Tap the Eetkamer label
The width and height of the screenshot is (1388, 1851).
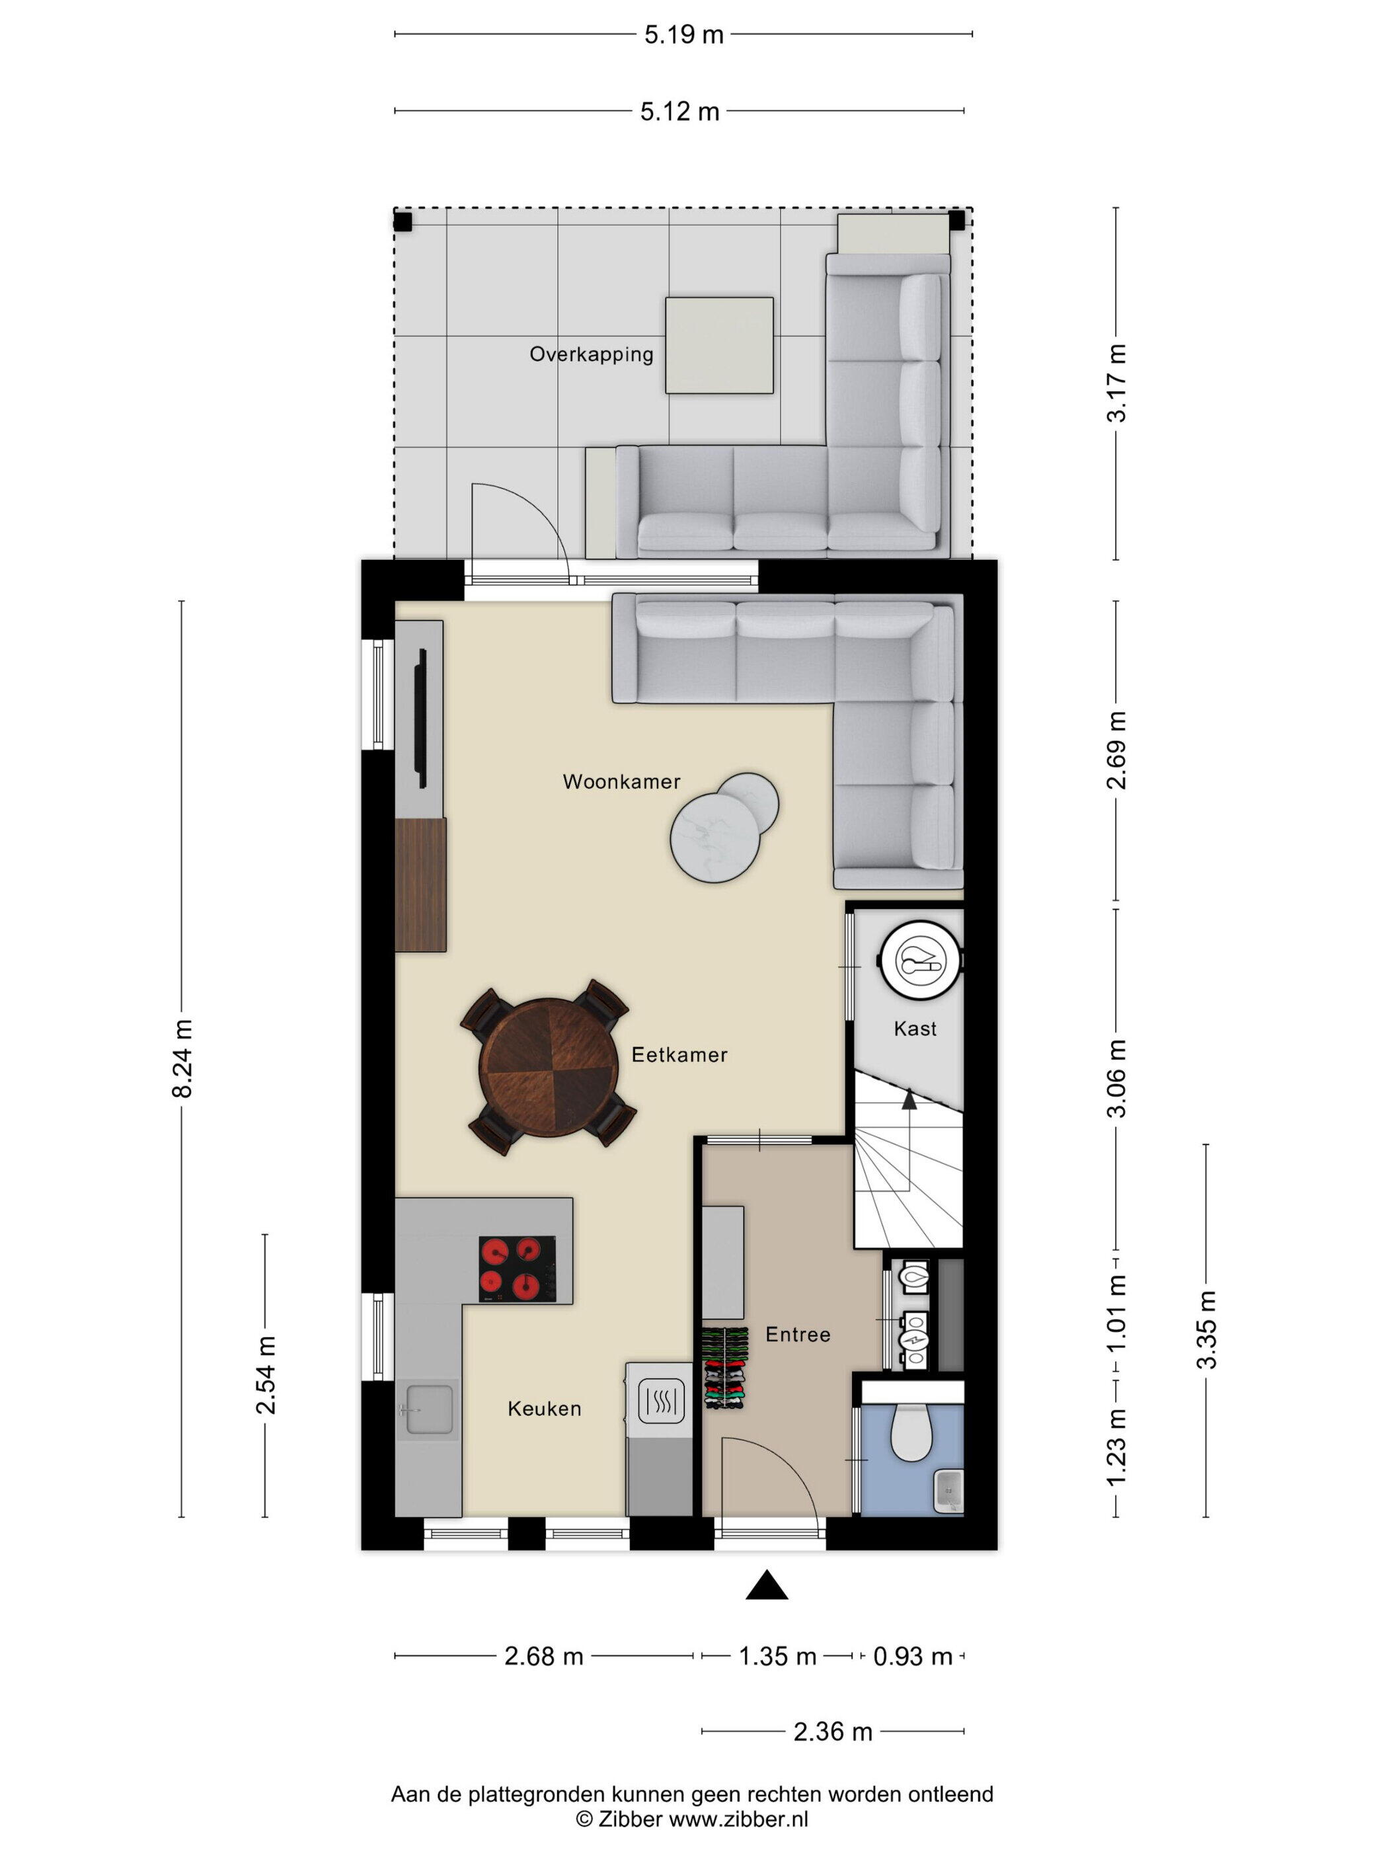679,1054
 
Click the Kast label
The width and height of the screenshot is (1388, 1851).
915,1029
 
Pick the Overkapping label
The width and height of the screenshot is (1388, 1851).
591,354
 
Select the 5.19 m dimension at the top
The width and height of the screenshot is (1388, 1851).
683,34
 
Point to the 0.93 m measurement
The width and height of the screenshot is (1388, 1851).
912,1656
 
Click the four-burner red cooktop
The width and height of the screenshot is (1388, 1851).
517,1269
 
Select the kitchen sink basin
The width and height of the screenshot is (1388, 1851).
429,1409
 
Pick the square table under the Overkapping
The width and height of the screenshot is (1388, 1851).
718,345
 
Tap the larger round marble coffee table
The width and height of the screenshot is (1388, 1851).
714,838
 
